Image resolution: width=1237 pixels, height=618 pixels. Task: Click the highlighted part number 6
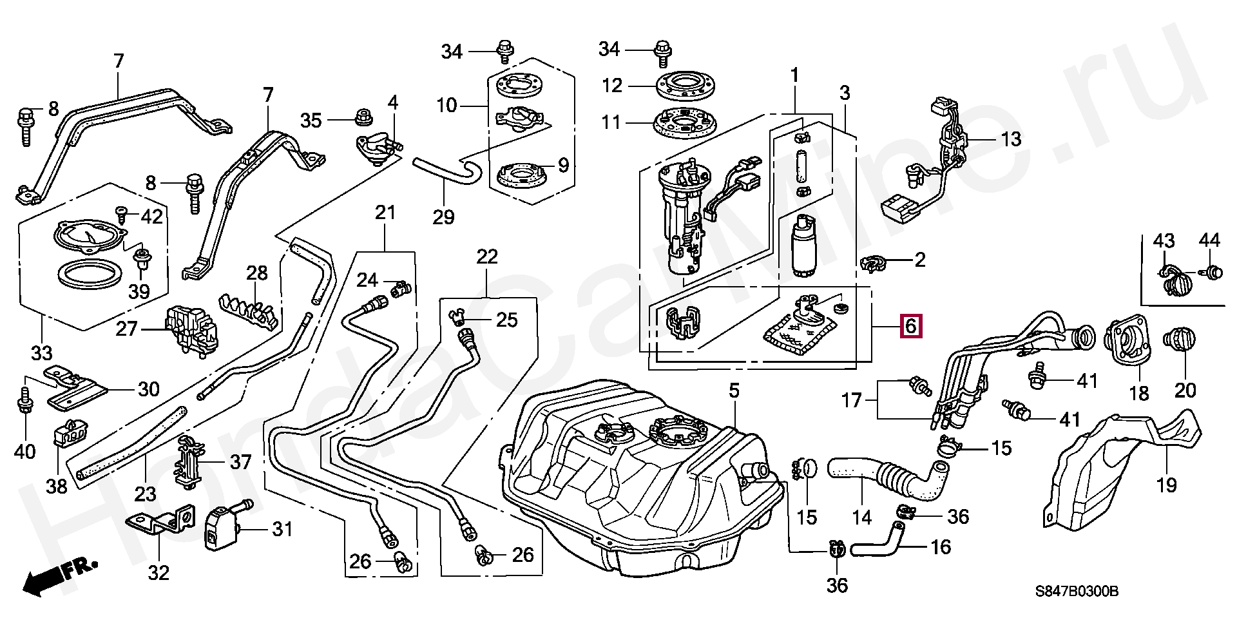[910, 326]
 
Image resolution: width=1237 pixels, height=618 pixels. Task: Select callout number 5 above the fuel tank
[734, 391]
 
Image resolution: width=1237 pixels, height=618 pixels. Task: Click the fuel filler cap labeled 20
[1179, 342]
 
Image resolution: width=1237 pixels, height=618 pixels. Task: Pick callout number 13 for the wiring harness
[1011, 139]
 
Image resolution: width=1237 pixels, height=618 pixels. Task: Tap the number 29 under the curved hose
[443, 217]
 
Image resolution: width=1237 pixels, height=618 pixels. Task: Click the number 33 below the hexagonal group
[41, 353]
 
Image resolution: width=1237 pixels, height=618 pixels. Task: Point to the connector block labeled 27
[191, 329]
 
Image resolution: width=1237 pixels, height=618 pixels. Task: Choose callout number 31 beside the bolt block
[282, 530]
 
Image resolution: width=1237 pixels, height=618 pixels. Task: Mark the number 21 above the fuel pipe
[385, 212]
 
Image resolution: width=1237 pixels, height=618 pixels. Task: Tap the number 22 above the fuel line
[487, 257]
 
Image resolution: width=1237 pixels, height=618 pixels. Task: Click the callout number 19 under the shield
[1167, 484]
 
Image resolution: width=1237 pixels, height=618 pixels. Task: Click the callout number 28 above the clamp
[257, 273]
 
